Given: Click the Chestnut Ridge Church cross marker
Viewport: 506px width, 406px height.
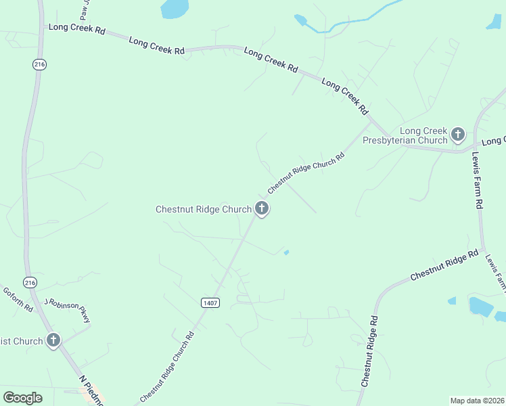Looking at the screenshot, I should (262, 209).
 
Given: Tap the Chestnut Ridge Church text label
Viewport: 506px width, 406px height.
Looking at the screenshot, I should (204, 210).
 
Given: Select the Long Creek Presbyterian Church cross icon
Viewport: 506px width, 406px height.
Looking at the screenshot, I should (458, 135).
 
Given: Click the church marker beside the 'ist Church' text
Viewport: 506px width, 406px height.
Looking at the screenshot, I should (53, 340).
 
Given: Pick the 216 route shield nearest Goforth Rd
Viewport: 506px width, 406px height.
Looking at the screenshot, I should (29, 282).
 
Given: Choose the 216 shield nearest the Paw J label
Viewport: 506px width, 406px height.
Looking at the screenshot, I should (40, 64).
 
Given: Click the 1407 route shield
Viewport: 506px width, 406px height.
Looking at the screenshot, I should (210, 302).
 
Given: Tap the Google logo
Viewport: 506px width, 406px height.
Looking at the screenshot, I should (22, 398).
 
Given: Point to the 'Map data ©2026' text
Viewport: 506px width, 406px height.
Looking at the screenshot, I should (478, 401).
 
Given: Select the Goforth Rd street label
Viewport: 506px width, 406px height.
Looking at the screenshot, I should (18, 300).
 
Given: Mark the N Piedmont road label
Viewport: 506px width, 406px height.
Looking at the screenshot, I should (91, 391).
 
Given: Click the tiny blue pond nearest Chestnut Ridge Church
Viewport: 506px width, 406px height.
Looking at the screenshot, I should (287, 253).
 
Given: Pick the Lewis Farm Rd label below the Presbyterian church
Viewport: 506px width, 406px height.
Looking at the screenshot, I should (478, 179).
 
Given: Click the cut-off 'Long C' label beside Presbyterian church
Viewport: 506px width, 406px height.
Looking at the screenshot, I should (494, 141).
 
